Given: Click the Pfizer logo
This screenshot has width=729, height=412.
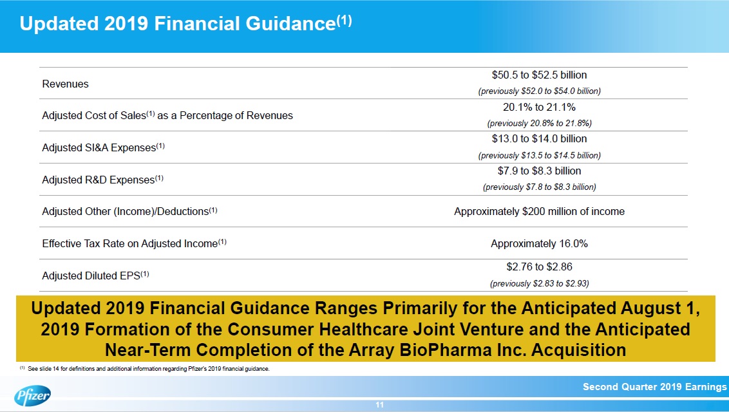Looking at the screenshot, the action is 32,396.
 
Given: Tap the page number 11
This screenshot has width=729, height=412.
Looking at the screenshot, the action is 379,405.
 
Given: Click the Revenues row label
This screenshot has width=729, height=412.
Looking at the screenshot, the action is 65,84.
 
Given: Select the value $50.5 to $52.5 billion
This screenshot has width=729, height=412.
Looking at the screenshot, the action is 539,75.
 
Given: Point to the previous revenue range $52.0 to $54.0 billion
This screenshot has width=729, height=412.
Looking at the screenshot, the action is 539,91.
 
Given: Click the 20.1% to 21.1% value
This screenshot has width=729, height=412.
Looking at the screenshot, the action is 539,108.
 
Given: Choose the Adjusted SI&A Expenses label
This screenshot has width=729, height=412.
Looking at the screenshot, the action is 103,147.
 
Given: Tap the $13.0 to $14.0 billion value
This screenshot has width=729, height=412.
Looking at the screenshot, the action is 539,138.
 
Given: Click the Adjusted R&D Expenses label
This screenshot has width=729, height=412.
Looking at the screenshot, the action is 103,180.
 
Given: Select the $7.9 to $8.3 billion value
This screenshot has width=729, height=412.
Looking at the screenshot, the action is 539,171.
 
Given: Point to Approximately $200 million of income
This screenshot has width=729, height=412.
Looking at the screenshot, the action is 539,211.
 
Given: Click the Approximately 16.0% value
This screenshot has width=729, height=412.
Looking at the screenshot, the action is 539,243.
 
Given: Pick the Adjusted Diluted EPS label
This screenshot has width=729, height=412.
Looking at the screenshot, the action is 95,276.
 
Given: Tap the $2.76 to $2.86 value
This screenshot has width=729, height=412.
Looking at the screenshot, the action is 539,267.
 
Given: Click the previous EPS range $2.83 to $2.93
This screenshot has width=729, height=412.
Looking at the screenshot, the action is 539,283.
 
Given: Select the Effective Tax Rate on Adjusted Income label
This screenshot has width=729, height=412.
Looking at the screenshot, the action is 134,243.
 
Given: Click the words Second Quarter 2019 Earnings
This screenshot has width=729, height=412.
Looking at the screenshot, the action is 654,387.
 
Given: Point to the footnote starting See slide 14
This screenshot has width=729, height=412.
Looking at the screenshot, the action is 148,369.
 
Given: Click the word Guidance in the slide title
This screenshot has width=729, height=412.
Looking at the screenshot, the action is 290,24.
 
